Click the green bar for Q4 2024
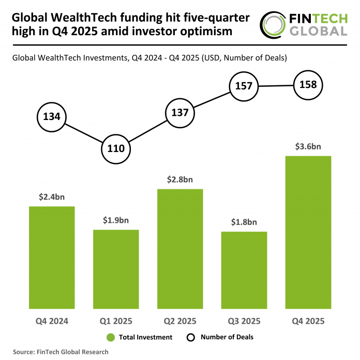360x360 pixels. point(52,257)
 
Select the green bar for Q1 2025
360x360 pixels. point(116,268)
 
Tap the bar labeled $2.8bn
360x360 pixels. point(180,248)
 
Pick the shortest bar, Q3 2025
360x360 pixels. point(244,269)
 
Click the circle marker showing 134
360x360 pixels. point(52,116)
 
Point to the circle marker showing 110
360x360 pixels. point(116,148)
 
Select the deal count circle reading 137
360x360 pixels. point(180,113)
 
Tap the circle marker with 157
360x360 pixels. point(244,86)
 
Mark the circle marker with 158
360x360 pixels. point(308,84)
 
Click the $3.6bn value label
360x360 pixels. point(308,146)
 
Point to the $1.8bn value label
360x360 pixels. point(244,222)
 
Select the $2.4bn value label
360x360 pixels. point(52,197)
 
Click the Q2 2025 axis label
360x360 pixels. point(180,321)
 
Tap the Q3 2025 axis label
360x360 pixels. point(244,321)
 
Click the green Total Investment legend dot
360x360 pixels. point(110,337)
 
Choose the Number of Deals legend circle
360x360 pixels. point(190,337)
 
